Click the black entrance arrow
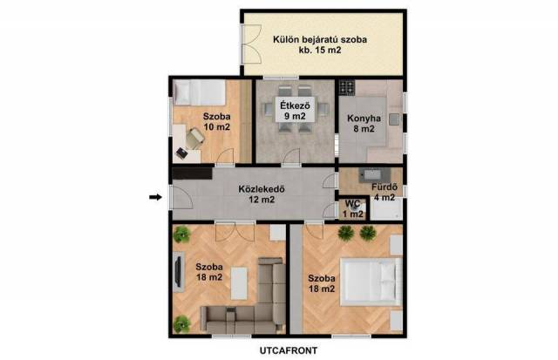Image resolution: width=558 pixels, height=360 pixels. [155, 197]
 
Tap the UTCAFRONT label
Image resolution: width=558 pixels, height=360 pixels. [289, 350]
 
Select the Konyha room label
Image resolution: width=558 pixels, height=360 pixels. [364, 118]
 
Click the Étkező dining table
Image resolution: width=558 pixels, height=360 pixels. [295, 110]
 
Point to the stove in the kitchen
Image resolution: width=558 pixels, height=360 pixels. [347, 87]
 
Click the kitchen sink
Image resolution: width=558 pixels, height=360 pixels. [394, 119]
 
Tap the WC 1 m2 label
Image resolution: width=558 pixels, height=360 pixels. [352, 209]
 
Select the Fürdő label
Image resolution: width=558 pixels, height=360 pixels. [384, 187]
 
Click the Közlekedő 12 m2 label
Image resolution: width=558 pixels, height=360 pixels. [262, 194]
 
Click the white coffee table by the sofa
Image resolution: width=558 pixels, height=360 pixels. [239, 283]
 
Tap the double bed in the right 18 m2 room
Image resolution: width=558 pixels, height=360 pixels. [371, 282]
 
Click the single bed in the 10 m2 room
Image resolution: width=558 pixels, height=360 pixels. [200, 92]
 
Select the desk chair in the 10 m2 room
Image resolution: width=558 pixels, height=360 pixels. [194, 139]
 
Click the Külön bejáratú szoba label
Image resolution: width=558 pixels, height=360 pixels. [320, 39]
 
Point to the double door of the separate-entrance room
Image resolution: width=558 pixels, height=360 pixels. [252, 44]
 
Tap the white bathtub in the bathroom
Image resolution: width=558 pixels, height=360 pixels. [386, 209]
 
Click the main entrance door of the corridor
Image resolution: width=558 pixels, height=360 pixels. [182, 197]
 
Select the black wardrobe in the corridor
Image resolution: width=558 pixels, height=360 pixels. [192, 173]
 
